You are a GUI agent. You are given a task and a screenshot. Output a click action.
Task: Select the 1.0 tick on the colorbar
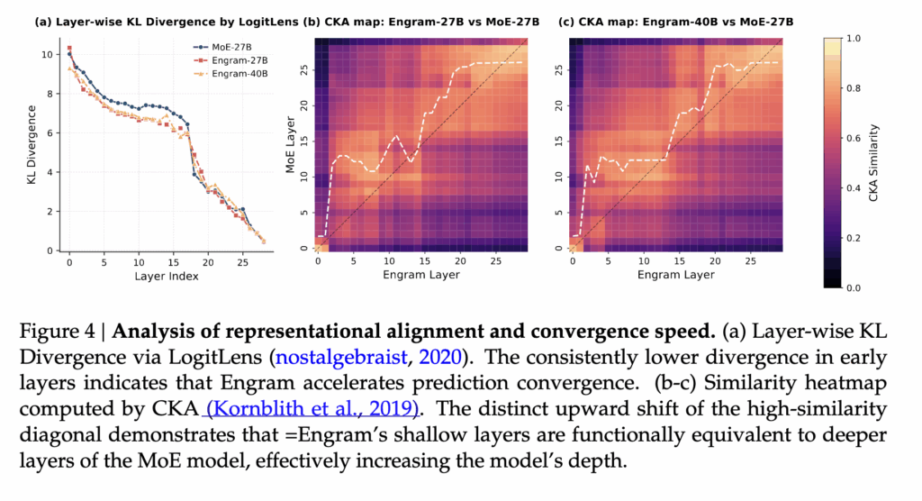coord(854,40)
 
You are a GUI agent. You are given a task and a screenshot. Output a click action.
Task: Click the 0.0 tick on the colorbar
coord(854,287)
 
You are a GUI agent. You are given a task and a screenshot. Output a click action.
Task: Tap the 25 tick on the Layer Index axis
coord(242,262)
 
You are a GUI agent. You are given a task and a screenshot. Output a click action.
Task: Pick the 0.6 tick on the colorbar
coord(854,139)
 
